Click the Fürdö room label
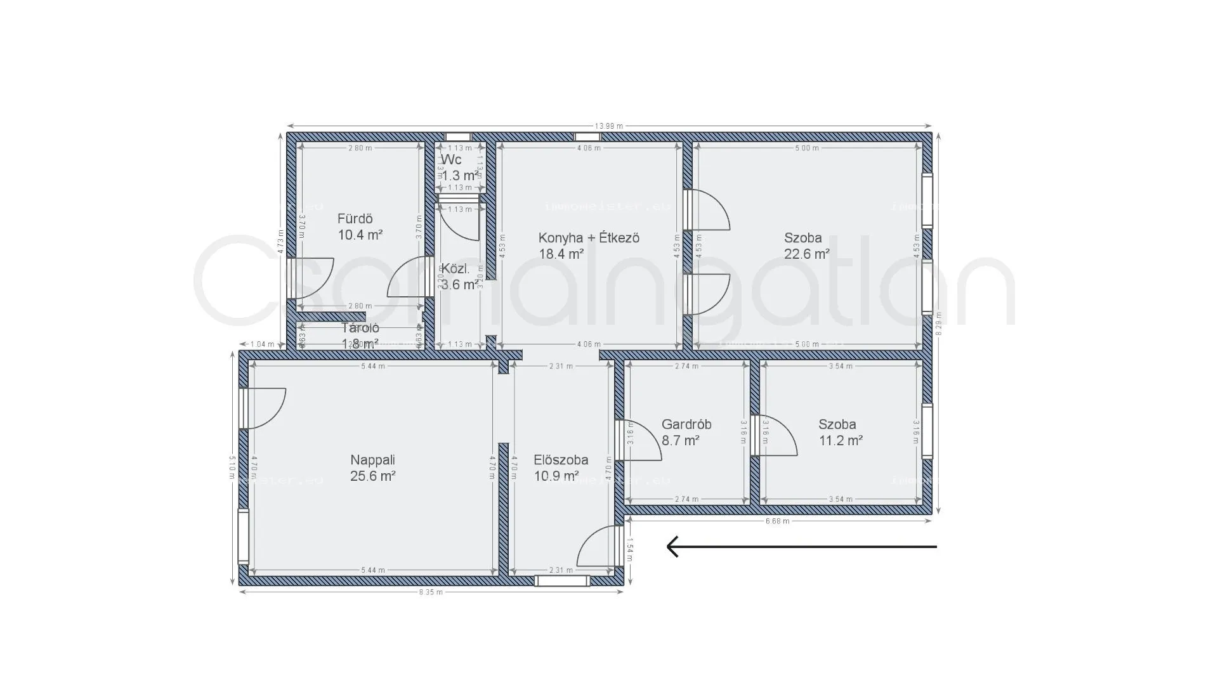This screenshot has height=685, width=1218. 355,219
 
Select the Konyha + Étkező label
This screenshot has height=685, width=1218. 589,238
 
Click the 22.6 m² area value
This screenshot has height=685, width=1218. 806,254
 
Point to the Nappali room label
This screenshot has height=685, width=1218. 372,460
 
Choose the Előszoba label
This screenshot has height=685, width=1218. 561,460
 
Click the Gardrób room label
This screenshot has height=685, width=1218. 686,424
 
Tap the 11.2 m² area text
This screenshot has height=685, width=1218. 840,441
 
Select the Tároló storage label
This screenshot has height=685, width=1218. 360,329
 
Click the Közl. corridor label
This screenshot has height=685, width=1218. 455,268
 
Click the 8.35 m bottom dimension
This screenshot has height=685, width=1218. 431,592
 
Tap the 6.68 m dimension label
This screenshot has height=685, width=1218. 777,521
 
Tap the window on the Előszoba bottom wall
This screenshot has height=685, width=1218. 561,580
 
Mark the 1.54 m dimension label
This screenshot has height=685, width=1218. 630,549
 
